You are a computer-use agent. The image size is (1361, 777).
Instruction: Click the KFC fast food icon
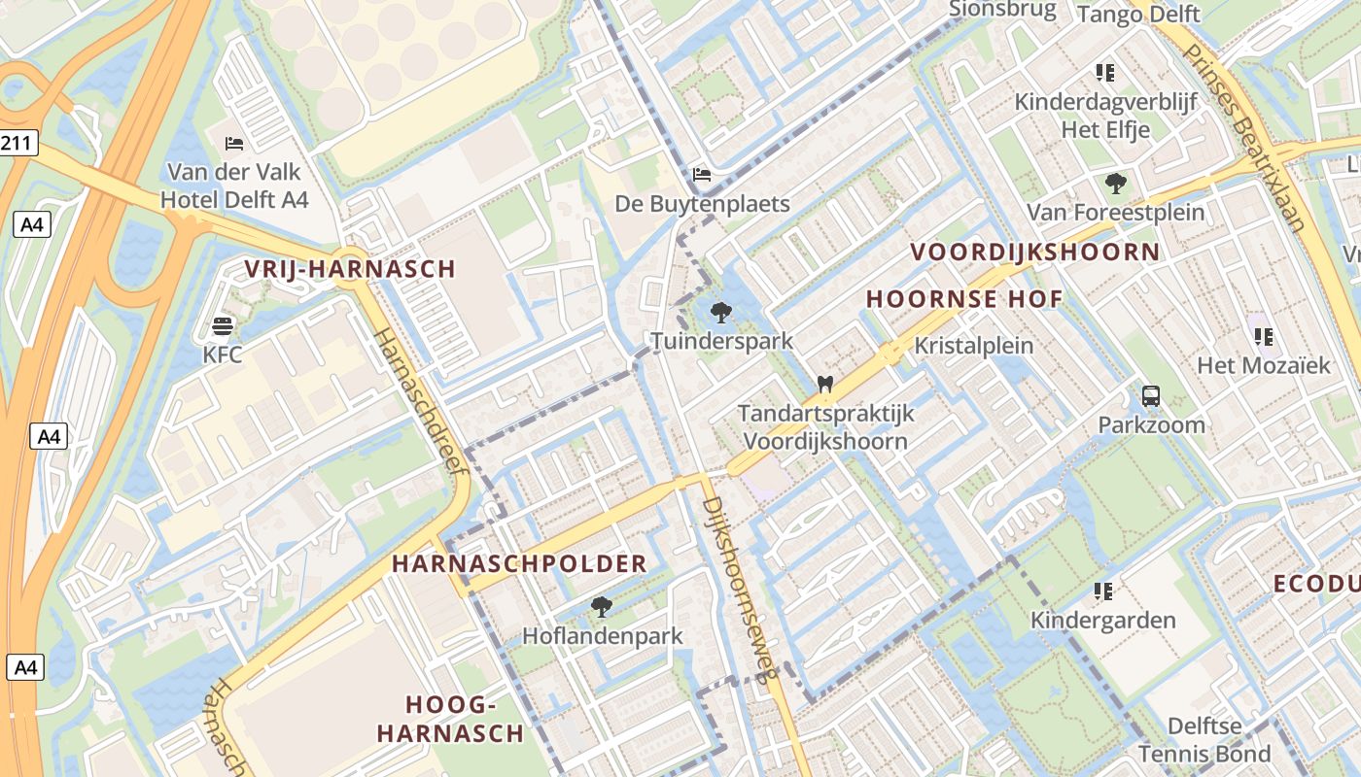click(223, 324)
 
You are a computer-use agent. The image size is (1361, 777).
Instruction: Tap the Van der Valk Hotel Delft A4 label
click(238, 186)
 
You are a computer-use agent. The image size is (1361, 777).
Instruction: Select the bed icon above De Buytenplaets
click(702, 175)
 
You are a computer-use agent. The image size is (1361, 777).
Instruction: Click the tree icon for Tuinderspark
click(720, 312)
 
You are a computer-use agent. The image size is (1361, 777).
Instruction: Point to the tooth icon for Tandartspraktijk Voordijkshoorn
click(825, 384)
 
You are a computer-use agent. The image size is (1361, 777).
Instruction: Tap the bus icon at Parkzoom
click(1151, 395)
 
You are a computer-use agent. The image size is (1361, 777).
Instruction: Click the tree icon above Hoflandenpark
click(602, 607)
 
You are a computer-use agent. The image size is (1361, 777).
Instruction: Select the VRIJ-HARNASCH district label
click(350, 269)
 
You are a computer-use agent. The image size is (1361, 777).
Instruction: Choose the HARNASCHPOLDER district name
click(519, 563)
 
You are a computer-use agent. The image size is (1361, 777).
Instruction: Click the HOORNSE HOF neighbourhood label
click(964, 299)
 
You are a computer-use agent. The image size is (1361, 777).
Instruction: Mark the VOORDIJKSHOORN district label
click(1034, 253)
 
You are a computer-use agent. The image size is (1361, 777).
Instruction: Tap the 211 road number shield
click(17, 144)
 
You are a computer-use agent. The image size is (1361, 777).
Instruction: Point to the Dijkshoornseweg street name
click(740, 592)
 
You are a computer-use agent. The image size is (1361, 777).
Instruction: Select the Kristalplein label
click(974, 346)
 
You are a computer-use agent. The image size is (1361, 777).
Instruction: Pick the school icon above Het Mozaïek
click(1264, 337)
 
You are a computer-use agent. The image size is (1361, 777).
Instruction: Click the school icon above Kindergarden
click(1103, 591)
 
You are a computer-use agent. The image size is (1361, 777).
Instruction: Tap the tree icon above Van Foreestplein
click(1116, 183)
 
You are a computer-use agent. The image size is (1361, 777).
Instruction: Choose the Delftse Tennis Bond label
click(1204, 740)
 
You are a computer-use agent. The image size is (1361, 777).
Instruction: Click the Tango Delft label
click(1139, 14)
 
